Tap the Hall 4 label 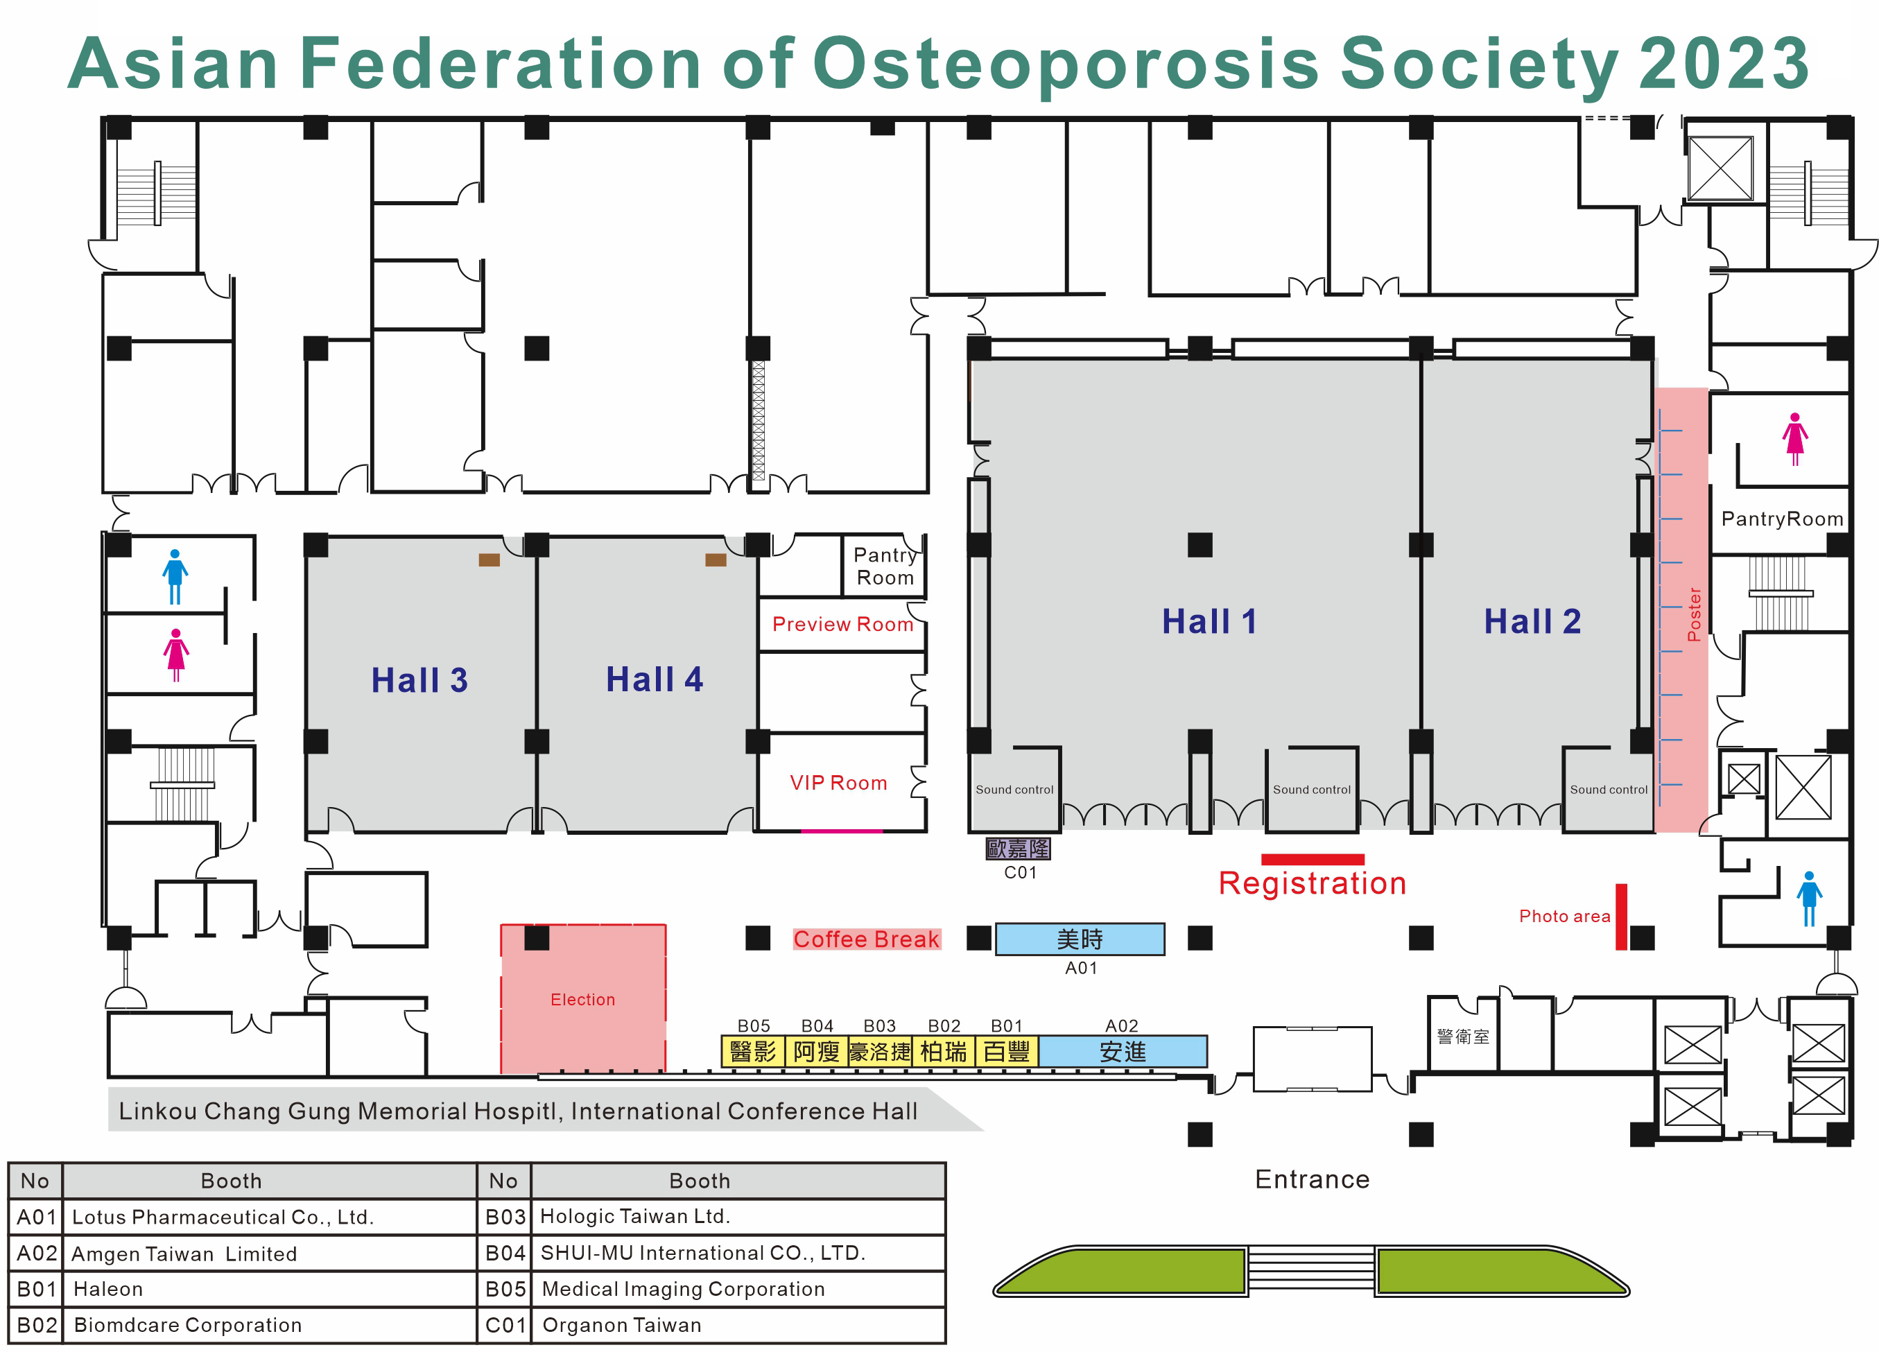click(x=654, y=679)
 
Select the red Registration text click(x=1312, y=883)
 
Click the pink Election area click(x=582, y=999)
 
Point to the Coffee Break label click(x=866, y=939)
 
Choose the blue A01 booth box click(x=1080, y=939)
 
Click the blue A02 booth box click(x=1122, y=1051)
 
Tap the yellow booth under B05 click(x=752, y=1051)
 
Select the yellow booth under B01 click(x=1007, y=1051)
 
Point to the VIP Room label click(x=838, y=783)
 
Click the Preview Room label click(x=842, y=624)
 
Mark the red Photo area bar click(x=1620, y=917)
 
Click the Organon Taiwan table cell click(x=621, y=1325)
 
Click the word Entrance click(x=1312, y=1179)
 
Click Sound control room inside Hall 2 click(x=1608, y=790)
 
